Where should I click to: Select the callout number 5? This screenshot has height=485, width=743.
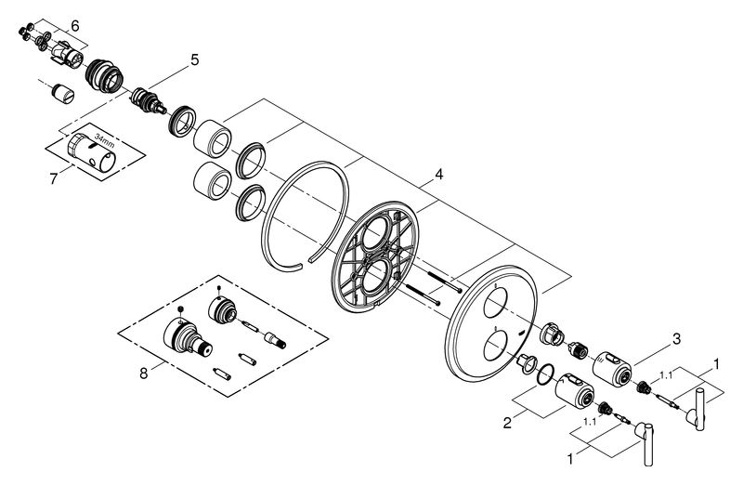(x=194, y=60)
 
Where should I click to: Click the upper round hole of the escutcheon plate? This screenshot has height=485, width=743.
(x=498, y=302)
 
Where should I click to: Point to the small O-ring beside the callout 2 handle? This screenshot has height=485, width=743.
(x=548, y=375)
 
